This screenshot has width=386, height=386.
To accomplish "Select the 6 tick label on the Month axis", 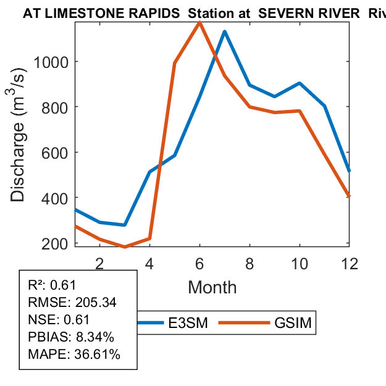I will pyautogui.click(x=199, y=263).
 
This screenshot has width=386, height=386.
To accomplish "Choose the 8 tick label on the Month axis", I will pyautogui.click(x=250, y=263).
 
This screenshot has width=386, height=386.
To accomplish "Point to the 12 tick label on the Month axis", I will pyautogui.click(x=350, y=263).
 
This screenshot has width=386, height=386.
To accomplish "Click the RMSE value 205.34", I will pyautogui.click(x=96, y=303).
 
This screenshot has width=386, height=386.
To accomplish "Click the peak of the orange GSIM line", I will pyautogui.click(x=199, y=22).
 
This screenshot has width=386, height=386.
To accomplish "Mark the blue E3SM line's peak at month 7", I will pyautogui.click(x=225, y=31).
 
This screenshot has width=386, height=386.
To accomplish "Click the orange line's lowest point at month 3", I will pyautogui.click(x=125, y=247).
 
